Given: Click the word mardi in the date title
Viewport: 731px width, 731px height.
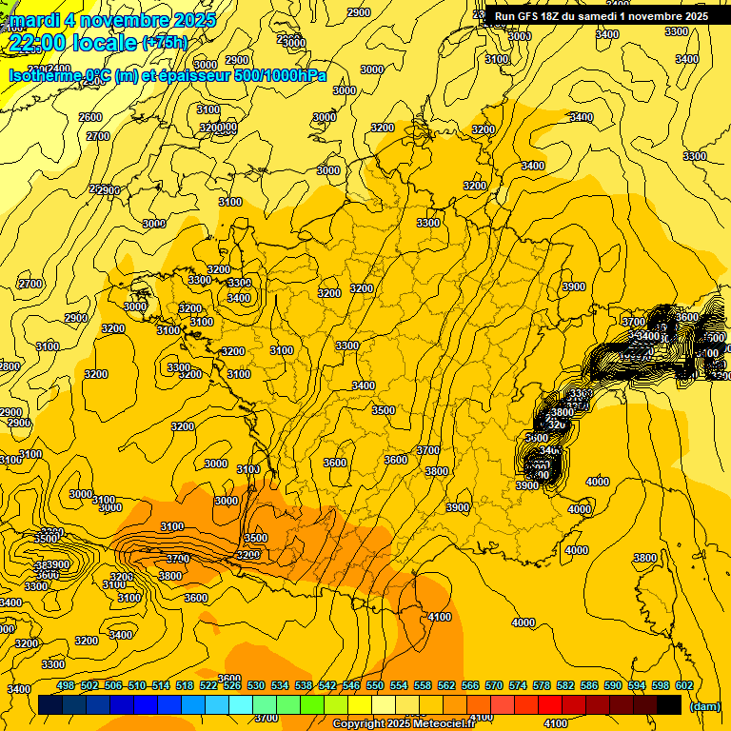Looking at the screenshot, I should coord(30,20).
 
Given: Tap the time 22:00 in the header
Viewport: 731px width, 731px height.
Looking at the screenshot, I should coord(39,43).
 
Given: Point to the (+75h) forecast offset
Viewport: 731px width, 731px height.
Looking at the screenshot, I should coord(166,43).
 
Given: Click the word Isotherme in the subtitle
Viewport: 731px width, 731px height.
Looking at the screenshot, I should coord(45,76).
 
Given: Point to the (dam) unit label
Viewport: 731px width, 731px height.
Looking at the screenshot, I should coord(703,706).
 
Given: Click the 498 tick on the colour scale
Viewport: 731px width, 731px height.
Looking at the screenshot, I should coord(66,685).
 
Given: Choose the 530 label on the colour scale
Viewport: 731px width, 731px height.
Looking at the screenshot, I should coord(256,685).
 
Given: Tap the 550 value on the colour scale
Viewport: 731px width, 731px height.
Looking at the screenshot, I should coord(375,685).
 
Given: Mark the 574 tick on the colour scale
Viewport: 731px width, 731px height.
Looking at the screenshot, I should coord(518,685).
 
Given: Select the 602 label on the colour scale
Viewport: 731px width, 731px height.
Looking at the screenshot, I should coord(684,685).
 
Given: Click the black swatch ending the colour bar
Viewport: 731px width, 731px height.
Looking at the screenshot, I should coord(669,704).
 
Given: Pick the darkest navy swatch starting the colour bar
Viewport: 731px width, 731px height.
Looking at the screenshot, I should coord(50,704).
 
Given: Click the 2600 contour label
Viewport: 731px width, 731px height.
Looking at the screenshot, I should coord(90,117).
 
